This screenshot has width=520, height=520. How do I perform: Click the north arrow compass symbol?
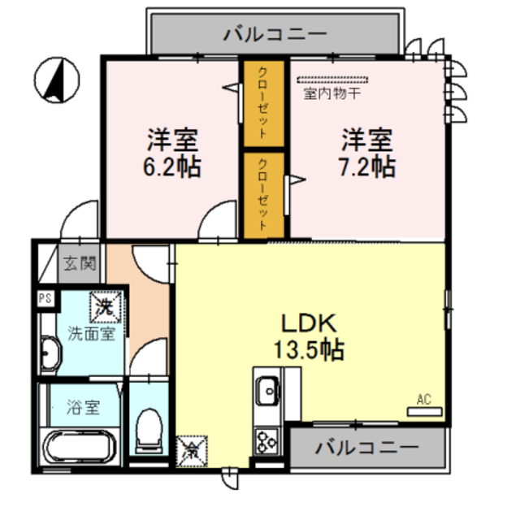click(x=57, y=80)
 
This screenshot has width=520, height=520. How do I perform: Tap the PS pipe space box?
click(x=45, y=298)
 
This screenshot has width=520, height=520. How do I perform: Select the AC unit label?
click(x=424, y=399)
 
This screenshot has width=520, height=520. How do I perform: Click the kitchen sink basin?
click(x=268, y=390)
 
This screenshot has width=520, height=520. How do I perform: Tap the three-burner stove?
click(x=266, y=441)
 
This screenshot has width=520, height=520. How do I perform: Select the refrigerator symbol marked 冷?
click(x=192, y=452)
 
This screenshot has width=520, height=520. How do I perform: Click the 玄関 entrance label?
click(x=80, y=263)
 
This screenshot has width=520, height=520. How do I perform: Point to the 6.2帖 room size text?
click(x=171, y=167)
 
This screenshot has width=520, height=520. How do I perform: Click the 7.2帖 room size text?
click(x=366, y=167)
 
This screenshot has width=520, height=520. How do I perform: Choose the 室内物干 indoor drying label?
click(x=332, y=93)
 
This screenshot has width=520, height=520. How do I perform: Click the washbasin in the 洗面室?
click(x=50, y=353)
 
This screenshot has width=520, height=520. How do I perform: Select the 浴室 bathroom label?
click(x=83, y=407)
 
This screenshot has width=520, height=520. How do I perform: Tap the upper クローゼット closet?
click(x=264, y=103)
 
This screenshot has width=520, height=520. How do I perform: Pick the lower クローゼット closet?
click(x=264, y=196)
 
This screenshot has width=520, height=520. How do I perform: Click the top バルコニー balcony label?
click(x=275, y=34)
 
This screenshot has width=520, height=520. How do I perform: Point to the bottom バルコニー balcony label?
click(x=367, y=448)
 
